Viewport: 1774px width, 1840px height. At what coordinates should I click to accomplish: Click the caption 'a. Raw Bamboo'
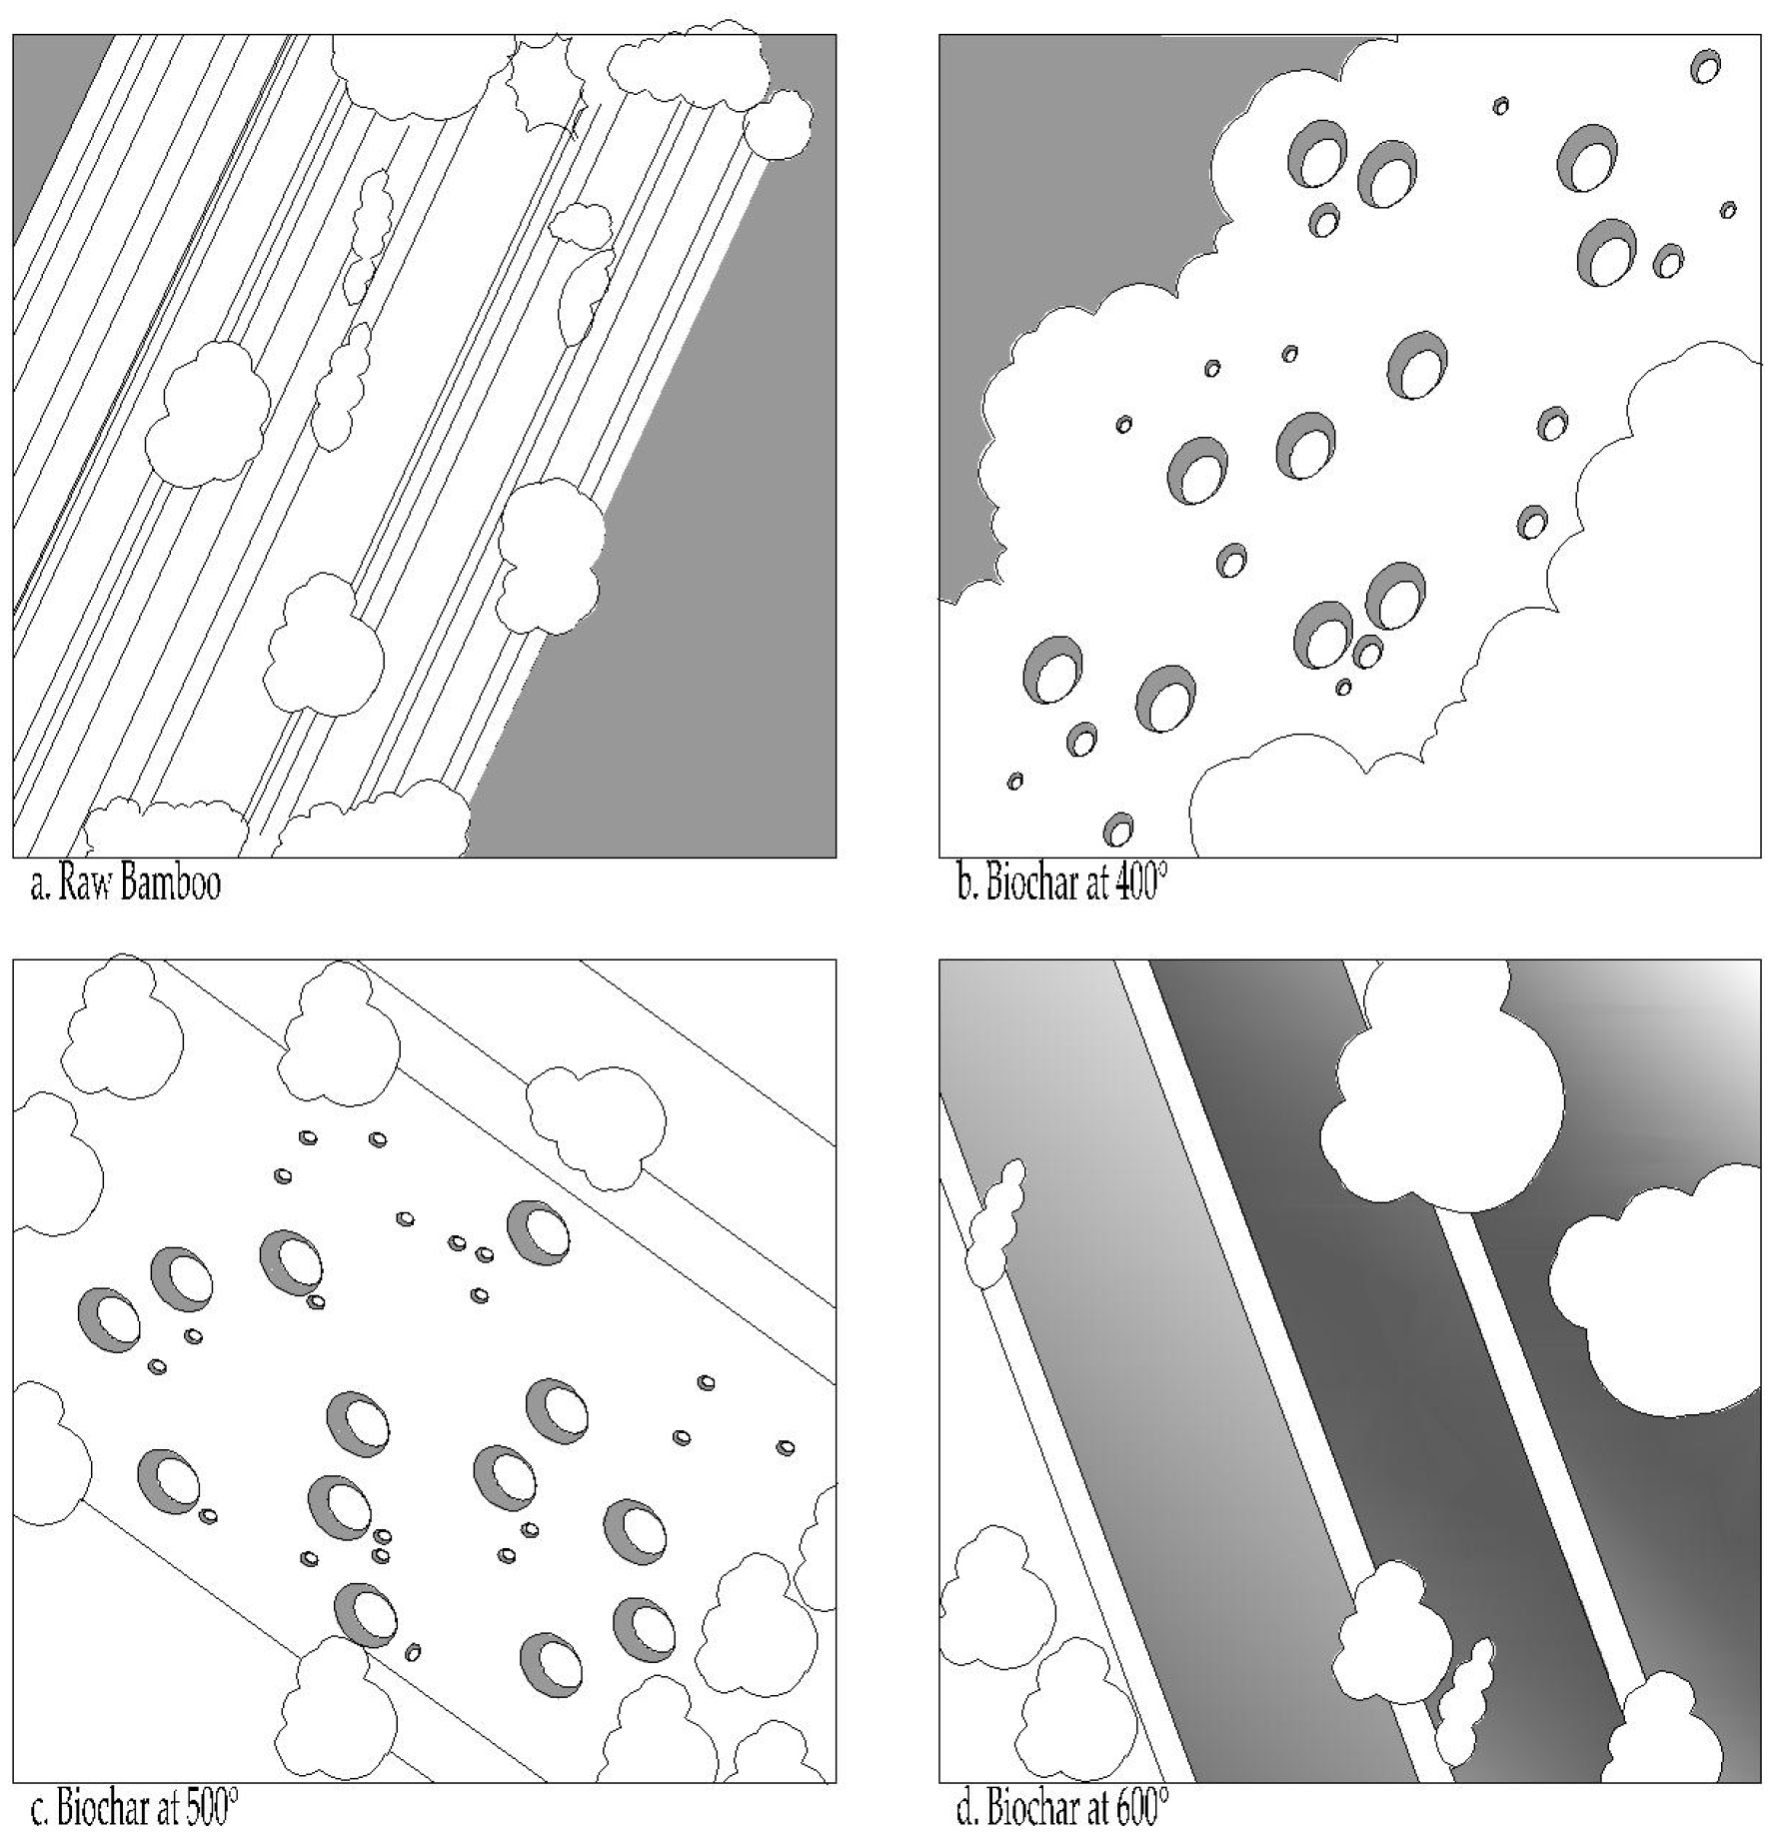pyautogui.click(x=125, y=886)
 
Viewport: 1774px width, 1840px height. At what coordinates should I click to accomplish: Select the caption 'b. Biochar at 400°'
pyautogui.click(x=1061, y=886)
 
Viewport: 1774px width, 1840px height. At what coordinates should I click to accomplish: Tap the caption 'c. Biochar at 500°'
pyautogui.click(x=134, y=1810)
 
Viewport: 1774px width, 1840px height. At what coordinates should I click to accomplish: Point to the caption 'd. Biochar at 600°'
pyautogui.click(x=1061, y=1810)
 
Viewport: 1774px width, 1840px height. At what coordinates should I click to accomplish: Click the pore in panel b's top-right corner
pyautogui.click(x=1705, y=67)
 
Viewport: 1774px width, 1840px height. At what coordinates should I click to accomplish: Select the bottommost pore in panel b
pyautogui.click(x=1117, y=829)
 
